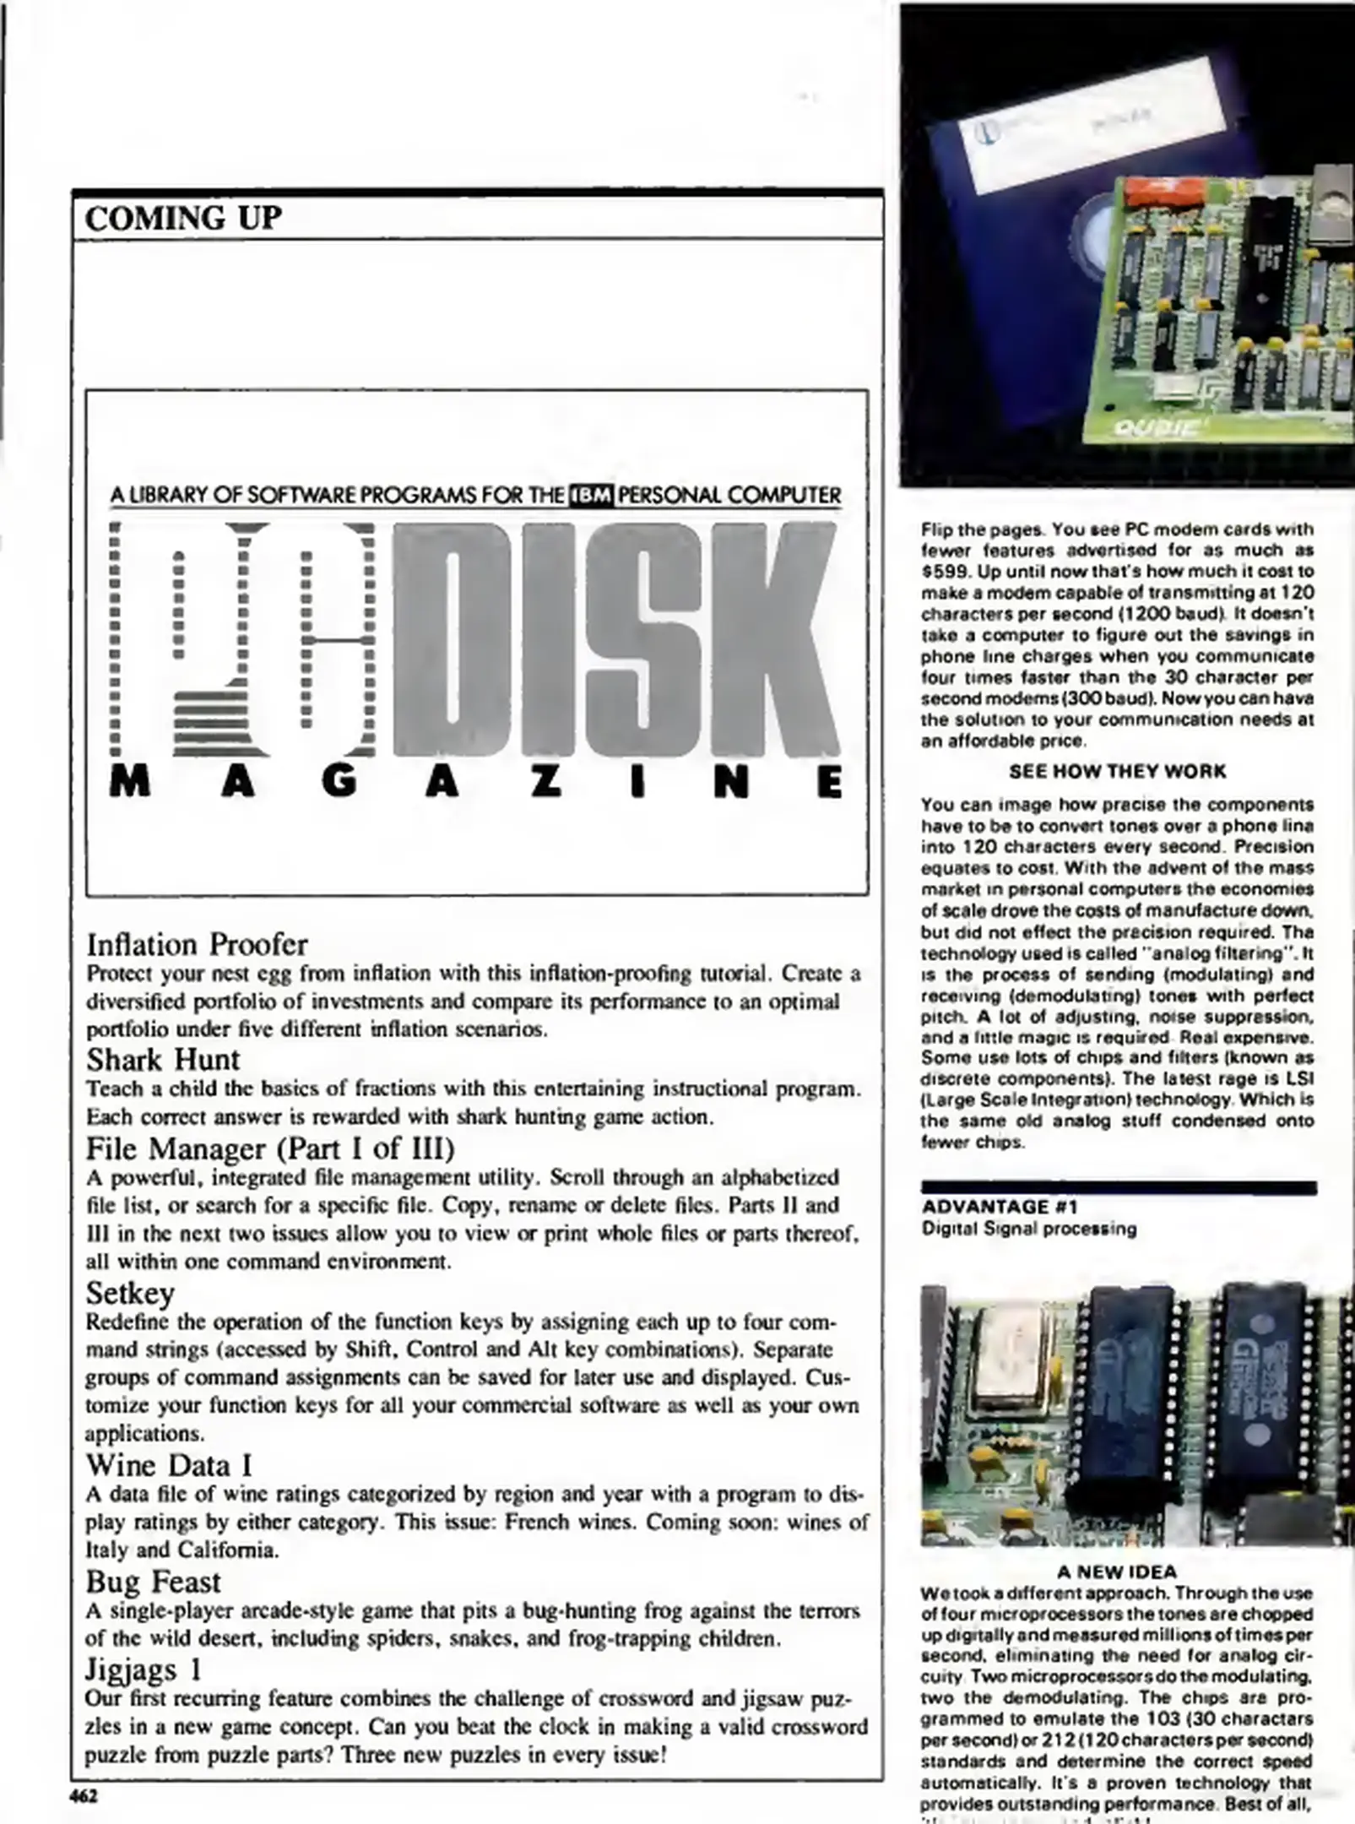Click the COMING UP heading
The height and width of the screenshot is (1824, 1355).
point(182,218)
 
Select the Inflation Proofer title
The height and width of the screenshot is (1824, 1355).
point(197,944)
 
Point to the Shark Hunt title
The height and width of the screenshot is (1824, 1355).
point(163,1059)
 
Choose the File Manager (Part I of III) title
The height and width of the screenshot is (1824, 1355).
point(270,1148)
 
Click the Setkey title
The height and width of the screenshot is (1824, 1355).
point(130,1293)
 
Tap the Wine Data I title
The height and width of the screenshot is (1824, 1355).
point(169,1465)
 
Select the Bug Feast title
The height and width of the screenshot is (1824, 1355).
point(153,1581)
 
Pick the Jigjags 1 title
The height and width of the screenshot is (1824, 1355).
point(144,1669)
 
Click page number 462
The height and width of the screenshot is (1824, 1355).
point(84,1795)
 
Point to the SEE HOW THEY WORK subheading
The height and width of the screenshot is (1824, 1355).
point(1118,771)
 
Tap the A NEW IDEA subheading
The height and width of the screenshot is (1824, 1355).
point(1117,1572)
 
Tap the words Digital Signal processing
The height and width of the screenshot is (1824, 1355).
point(1029,1229)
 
